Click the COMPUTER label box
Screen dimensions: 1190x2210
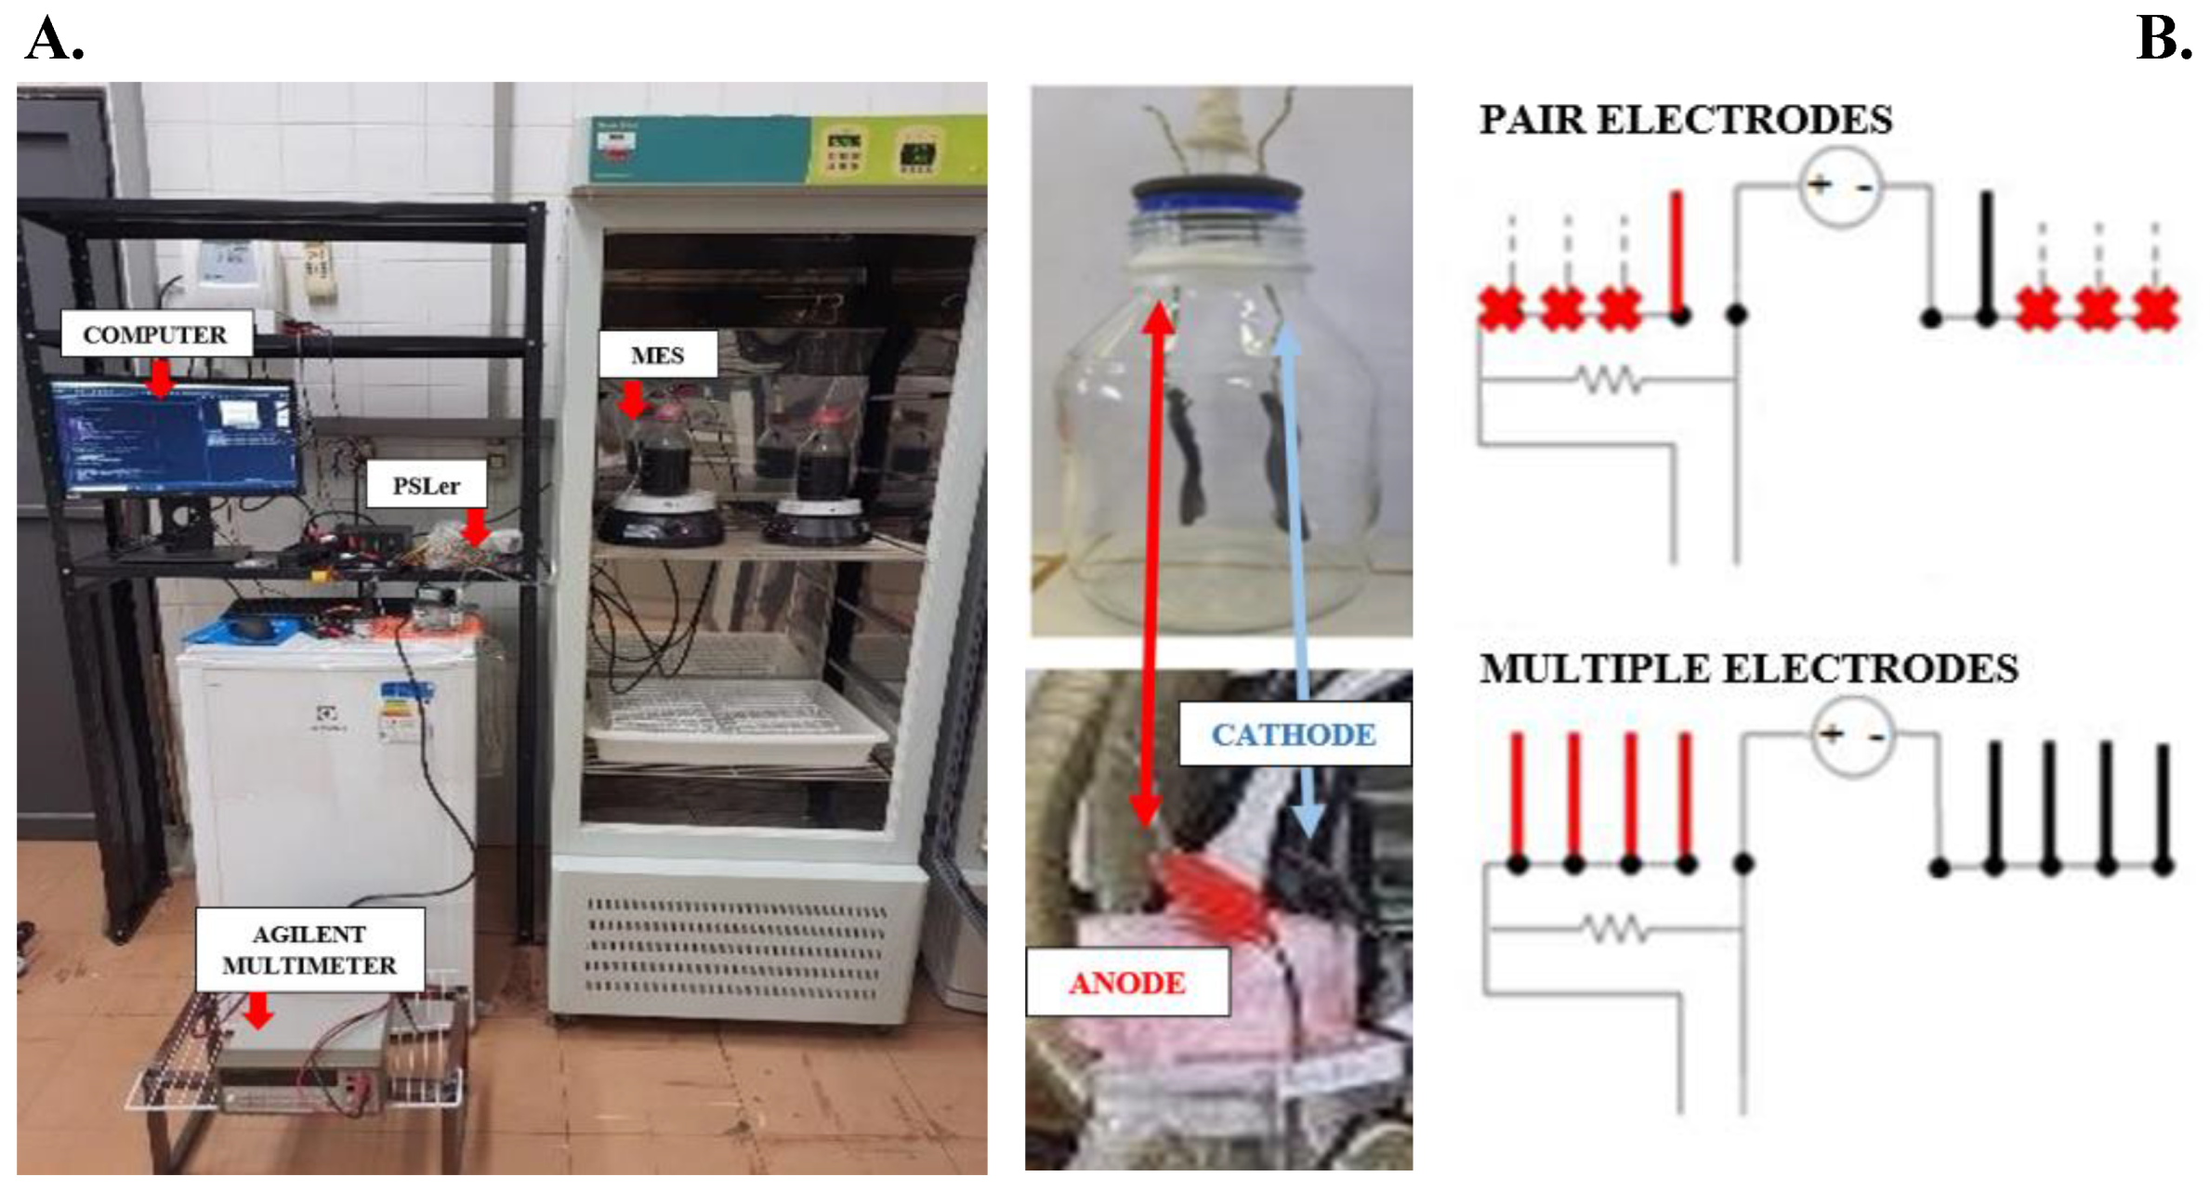pos(155,334)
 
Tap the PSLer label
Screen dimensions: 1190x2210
pos(426,486)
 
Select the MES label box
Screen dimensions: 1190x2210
pos(657,355)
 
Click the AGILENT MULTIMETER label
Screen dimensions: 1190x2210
pos(309,949)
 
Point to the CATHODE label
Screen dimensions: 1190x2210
pos(1293,734)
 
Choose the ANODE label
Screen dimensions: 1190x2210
pos(1126,982)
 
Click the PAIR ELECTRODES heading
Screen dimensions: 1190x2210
pos(1685,120)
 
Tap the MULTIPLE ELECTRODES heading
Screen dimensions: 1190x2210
pos(1748,669)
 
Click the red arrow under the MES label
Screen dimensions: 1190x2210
pos(633,400)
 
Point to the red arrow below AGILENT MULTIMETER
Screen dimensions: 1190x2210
pos(258,1010)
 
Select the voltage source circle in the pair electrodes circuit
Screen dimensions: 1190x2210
pos(1840,187)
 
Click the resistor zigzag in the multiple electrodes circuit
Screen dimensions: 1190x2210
pos(1615,928)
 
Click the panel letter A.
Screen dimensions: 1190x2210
pos(54,39)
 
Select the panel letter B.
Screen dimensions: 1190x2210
pos(2164,39)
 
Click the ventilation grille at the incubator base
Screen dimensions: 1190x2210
pos(734,948)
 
